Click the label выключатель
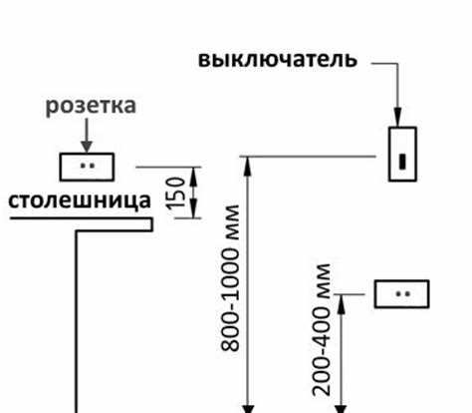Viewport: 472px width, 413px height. point(277,59)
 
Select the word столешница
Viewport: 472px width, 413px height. point(80,201)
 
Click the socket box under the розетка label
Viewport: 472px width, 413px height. point(88,165)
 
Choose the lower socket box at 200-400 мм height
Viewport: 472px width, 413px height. point(401,294)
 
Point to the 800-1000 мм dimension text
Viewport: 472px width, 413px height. point(230,279)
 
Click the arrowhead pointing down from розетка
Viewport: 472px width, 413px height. point(88,143)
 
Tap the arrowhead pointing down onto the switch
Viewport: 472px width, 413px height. point(399,119)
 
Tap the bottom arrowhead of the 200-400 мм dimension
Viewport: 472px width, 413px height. point(342,404)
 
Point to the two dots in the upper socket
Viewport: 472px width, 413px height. point(88,165)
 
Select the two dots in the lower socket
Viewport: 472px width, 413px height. point(401,294)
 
